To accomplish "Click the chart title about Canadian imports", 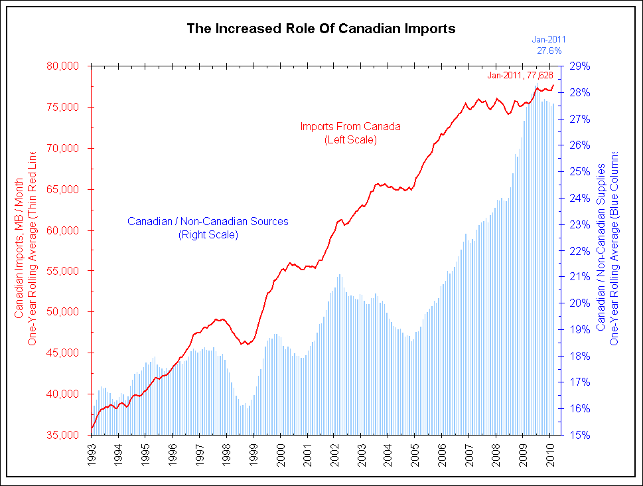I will [x=321, y=29].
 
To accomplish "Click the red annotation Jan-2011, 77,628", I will [x=520, y=76].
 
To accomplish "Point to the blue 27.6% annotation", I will [x=549, y=50].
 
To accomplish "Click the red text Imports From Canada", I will [x=350, y=126].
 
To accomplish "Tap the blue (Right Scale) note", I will [x=208, y=234].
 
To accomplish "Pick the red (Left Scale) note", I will [x=350, y=139].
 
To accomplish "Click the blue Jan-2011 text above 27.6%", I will [x=549, y=40].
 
